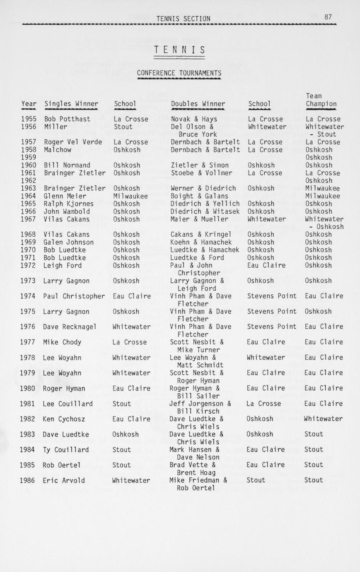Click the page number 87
pyautogui.click(x=328, y=17)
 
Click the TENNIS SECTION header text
pyautogui.click(x=183, y=19)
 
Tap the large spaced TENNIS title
pyautogui.click(x=180, y=51)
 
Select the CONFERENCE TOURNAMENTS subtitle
pyautogui.click(x=179, y=73)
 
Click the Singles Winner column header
pyautogui.click(x=71, y=104)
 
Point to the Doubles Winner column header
pyautogui.click(x=198, y=104)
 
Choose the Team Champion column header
pyautogui.click(x=321, y=100)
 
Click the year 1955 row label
pyautogui.click(x=29, y=119)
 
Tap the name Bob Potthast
pyautogui.click(x=67, y=119)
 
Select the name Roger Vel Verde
pyautogui.click(x=73, y=142)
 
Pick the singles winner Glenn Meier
pyautogui.click(x=65, y=196)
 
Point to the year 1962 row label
pyautogui.click(x=29, y=181)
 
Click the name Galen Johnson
pyautogui.click(x=68, y=242)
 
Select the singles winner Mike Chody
pyautogui.click(x=62, y=342)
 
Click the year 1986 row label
pyautogui.click(x=28, y=480)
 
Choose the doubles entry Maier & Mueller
pyautogui.click(x=199, y=219)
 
